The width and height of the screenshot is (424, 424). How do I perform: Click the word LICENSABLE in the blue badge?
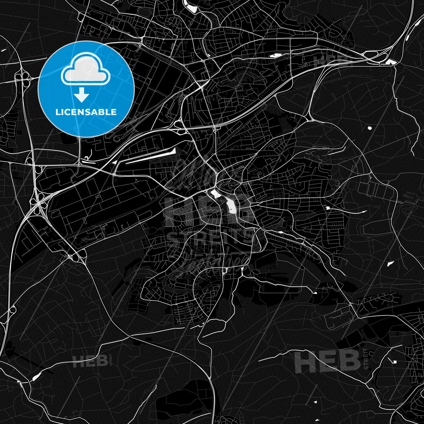click(x=86, y=112)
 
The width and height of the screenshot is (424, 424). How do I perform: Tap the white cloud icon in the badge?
click(x=85, y=71)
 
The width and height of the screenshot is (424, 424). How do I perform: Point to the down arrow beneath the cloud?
click(x=82, y=95)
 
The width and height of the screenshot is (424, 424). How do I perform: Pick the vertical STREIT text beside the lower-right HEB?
click(x=366, y=359)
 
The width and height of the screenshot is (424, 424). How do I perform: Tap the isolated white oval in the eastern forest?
click(x=369, y=128)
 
